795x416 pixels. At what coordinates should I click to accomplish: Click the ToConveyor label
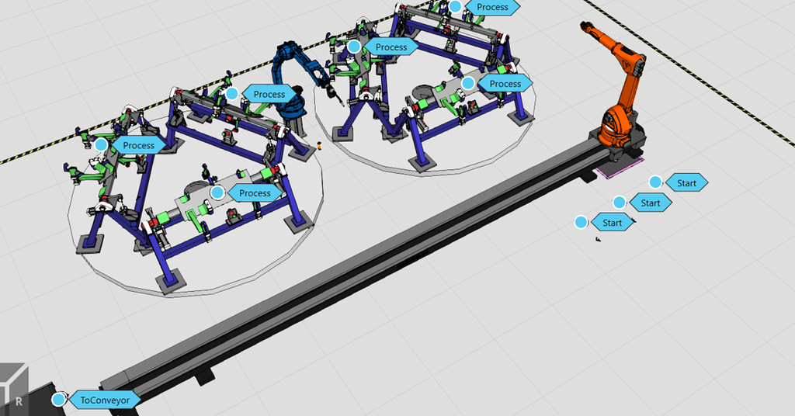click(x=105, y=400)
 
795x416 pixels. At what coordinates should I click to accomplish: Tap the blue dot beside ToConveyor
click(x=58, y=400)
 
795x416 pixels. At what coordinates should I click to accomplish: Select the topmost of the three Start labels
click(x=686, y=182)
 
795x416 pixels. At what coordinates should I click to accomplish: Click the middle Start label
click(x=651, y=203)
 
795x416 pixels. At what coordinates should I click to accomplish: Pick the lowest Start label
click(x=612, y=223)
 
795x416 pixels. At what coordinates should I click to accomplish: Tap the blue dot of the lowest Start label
click(x=581, y=223)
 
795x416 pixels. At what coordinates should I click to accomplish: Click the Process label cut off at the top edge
click(x=492, y=7)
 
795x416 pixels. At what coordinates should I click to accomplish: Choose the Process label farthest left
click(x=138, y=145)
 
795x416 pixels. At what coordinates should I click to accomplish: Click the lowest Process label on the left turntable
click(x=255, y=192)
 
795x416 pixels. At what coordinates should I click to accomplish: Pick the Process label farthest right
click(x=505, y=83)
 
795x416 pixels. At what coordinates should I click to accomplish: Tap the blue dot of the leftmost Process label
click(x=101, y=144)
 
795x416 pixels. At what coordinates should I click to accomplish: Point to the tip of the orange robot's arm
click(x=584, y=26)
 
